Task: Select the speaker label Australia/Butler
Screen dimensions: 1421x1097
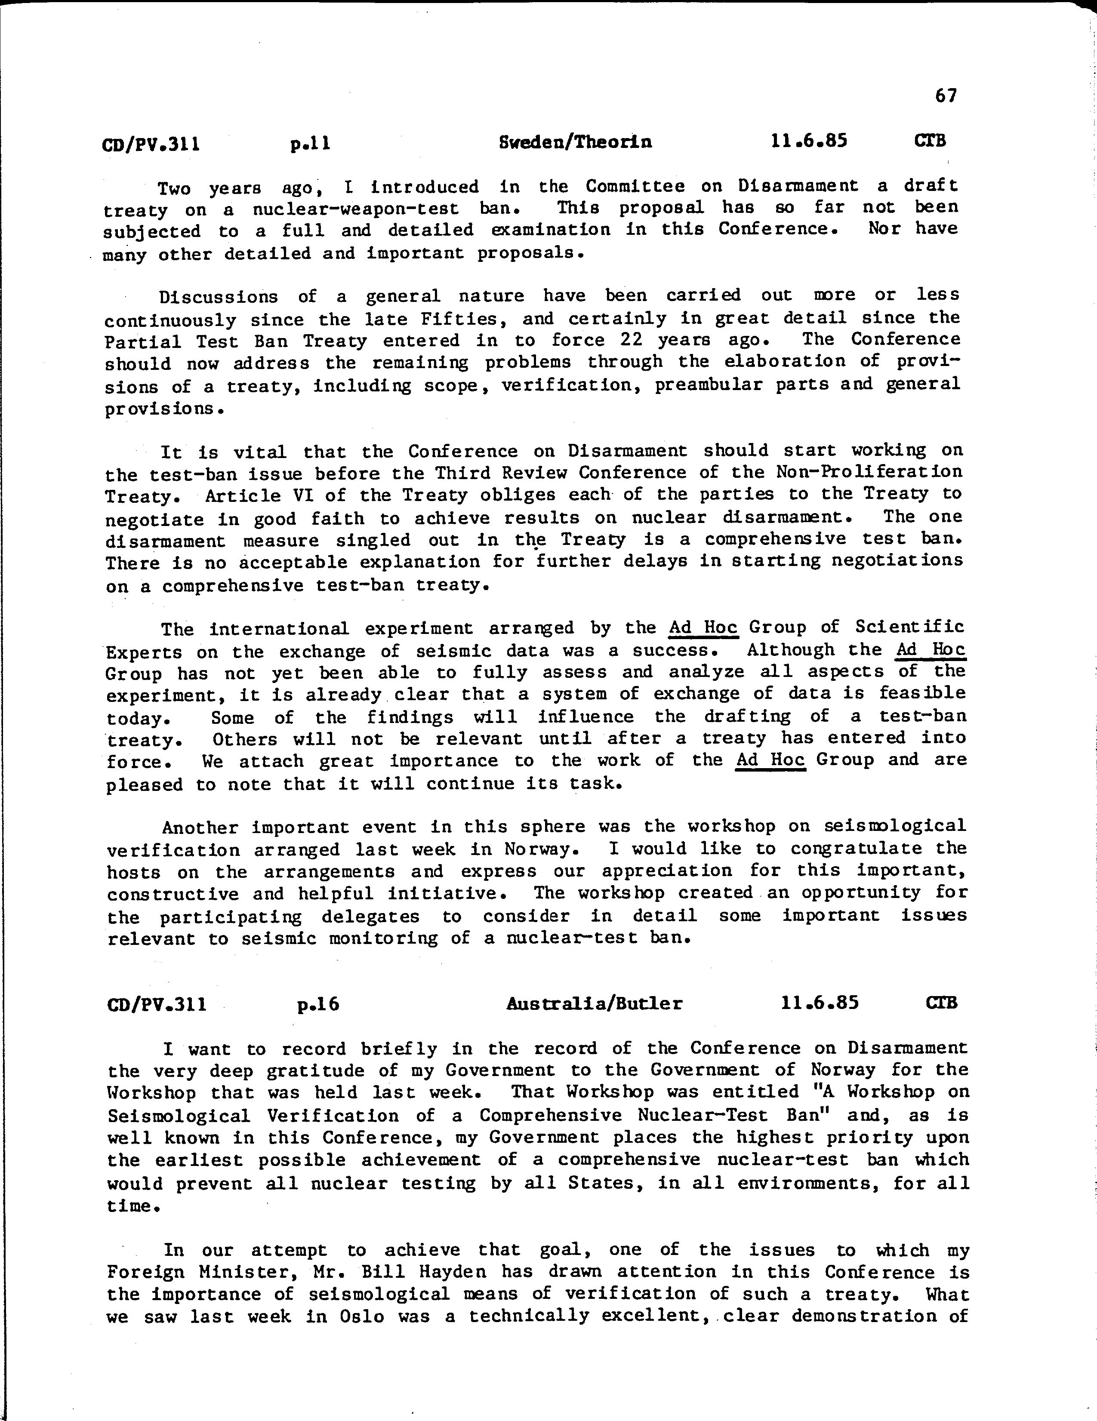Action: [594, 1003]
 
